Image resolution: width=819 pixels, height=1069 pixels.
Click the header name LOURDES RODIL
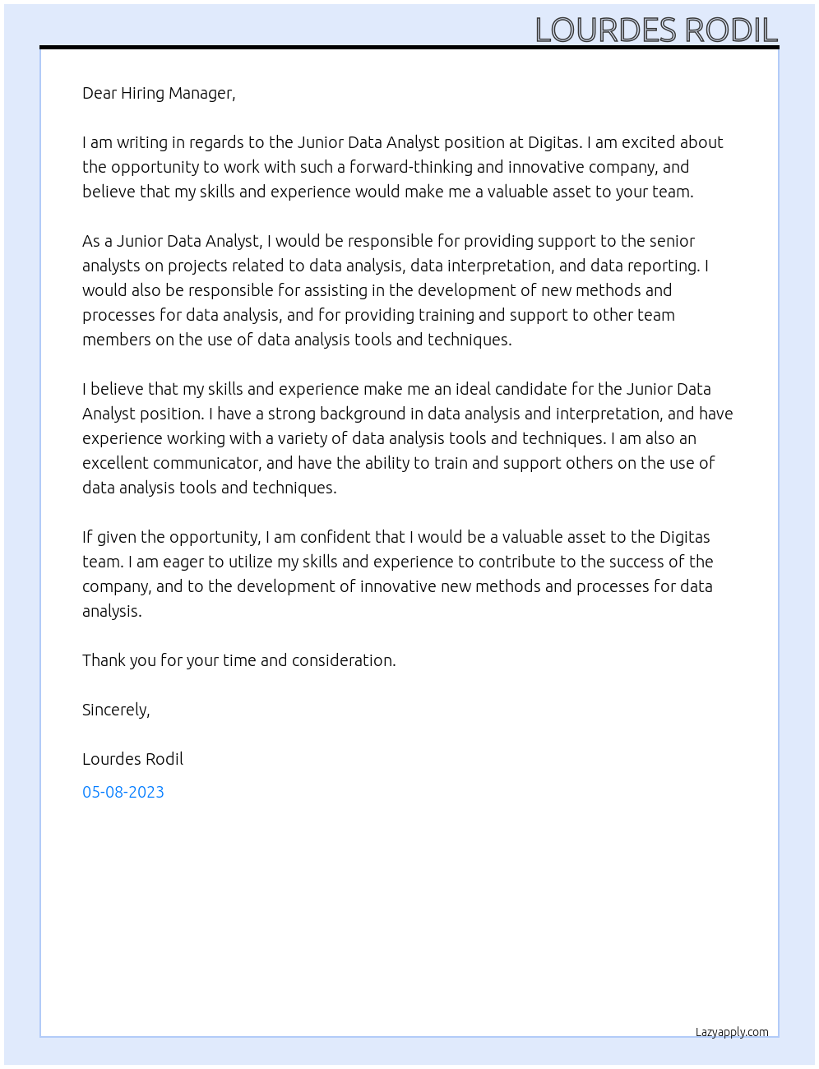pos(655,30)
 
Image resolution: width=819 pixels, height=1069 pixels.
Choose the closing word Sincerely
pos(116,710)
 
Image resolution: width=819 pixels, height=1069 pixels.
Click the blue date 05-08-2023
pos(123,792)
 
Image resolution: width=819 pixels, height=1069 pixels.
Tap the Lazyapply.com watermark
pos(732,1032)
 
